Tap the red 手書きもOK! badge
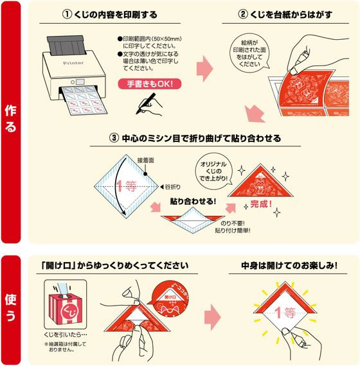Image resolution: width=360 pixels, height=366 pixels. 150,84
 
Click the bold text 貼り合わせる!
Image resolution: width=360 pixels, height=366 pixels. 193,202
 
